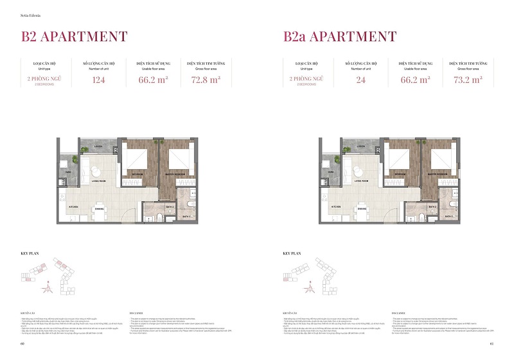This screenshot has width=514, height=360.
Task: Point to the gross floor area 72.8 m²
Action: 206,80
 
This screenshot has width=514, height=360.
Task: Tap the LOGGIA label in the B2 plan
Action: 99,146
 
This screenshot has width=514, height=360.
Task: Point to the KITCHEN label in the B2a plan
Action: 335,207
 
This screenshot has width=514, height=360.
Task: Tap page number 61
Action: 491,344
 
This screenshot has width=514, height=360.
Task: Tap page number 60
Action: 22,344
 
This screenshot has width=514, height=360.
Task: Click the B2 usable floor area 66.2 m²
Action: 151,80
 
